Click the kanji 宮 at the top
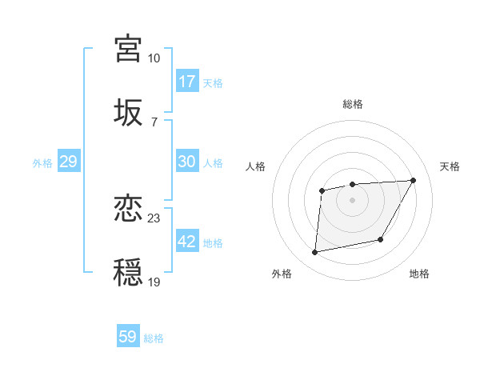tap(129, 48)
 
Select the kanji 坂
tap(129, 112)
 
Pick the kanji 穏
tap(129, 273)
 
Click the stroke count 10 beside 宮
tap(154, 58)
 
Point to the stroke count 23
tap(154, 218)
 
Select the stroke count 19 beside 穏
tap(154, 282)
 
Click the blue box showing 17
tap(187, 82)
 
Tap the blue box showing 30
tap(187, 162)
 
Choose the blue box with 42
tap(187, 242)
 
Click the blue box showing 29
tap(68, 162)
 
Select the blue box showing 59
tap(128, 337)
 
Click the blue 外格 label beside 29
tap(42, 163)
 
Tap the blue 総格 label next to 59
tap(154, 338)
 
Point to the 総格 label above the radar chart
tap(353, 104)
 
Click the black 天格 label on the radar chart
tap(450, 166)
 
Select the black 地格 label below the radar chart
tap(419, 274)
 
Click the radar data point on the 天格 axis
tap(413, 180)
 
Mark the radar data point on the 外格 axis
tap(315, 253)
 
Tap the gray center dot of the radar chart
tap(353, 200)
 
